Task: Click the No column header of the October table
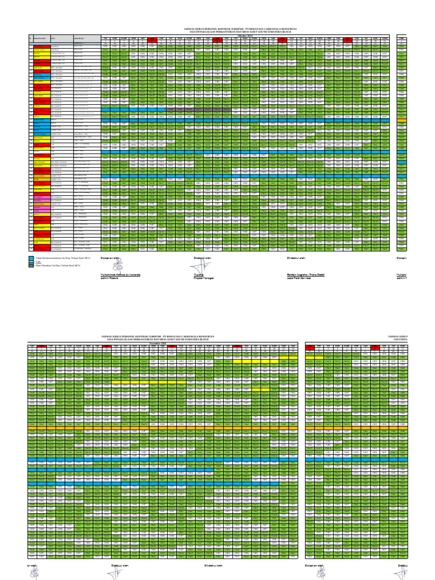(x=30, y=39)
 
